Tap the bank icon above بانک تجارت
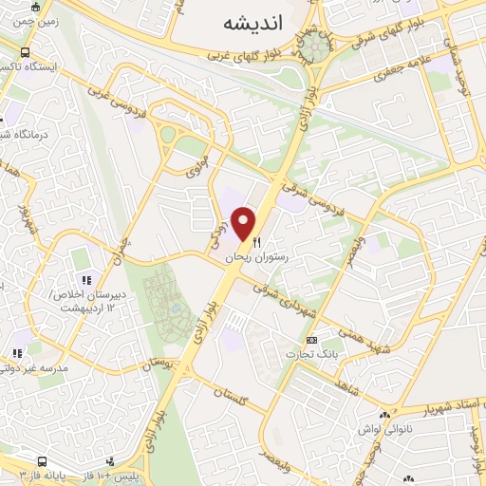[x=311, y=340]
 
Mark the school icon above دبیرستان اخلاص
[x=86, y=281]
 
